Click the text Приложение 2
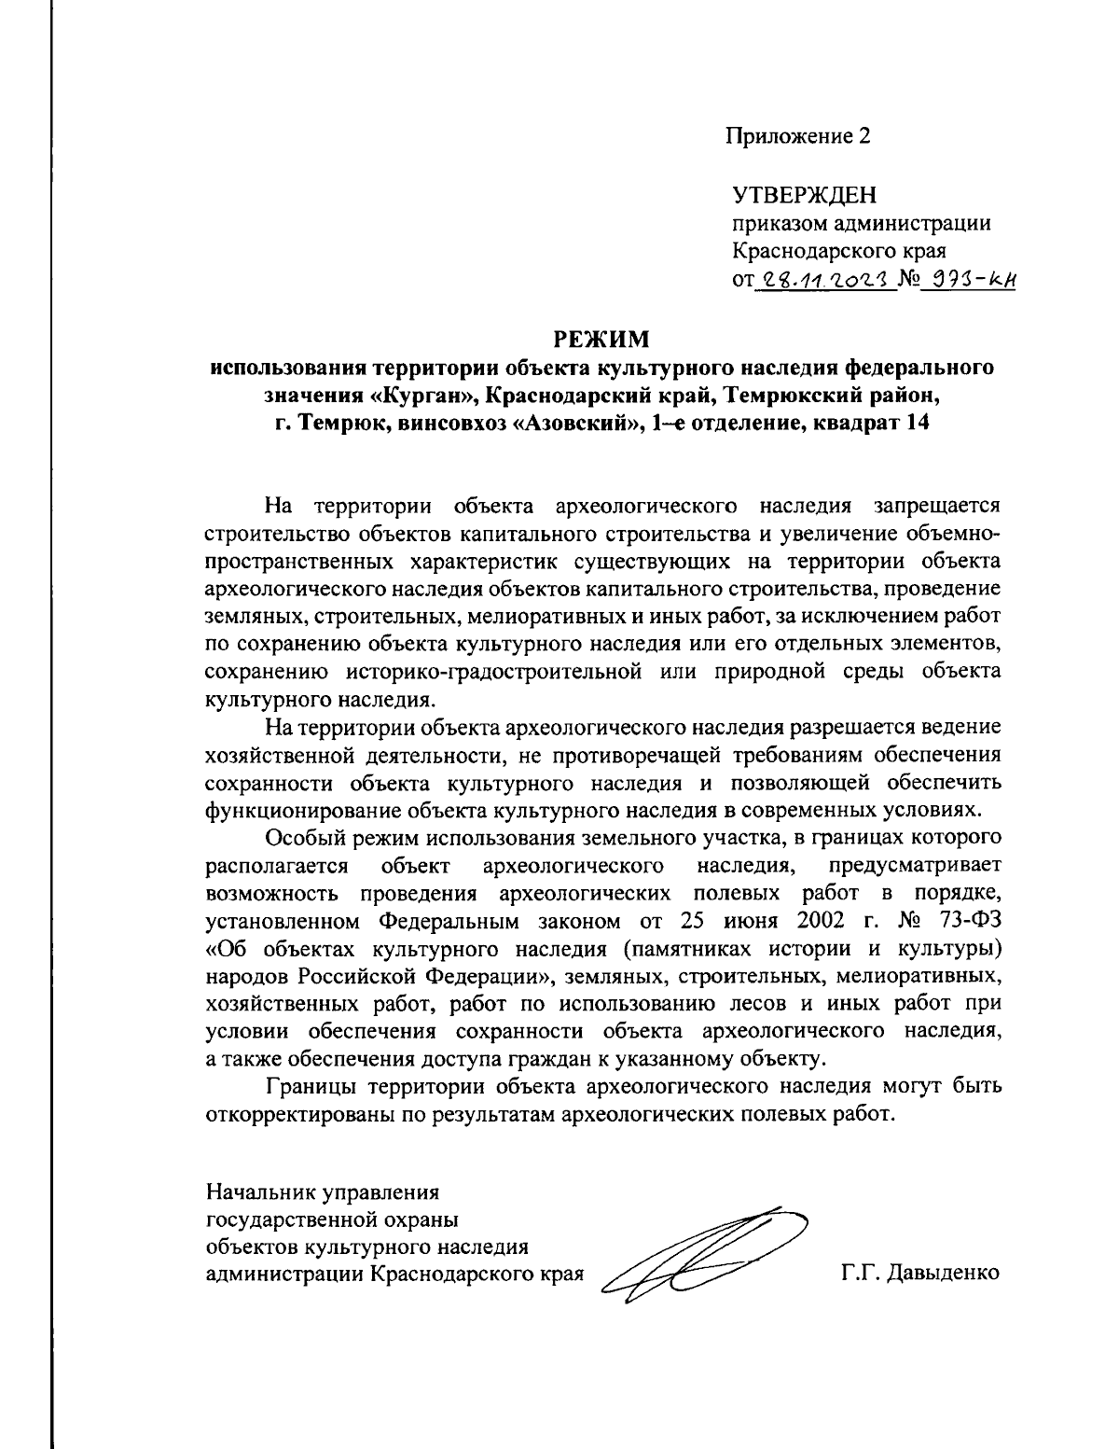tap(798, 136)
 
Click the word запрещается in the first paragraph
tap(936, 507)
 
